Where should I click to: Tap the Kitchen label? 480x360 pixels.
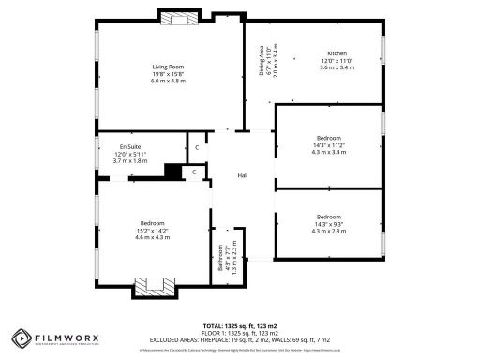[337, 52]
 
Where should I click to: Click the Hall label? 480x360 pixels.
[242, 175]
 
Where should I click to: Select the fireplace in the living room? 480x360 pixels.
[177, 17]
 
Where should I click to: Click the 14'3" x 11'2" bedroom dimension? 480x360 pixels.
[329, 145]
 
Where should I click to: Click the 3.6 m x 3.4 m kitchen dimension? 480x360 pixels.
[337, 67]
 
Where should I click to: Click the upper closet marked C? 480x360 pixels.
[197, 146]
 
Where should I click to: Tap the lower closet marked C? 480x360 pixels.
[193, 172]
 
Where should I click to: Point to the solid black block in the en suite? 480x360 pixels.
[172, 170]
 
